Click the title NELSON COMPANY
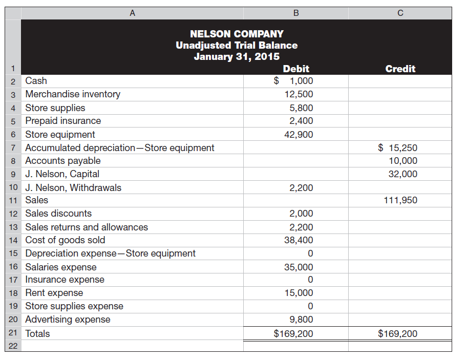[236, 34]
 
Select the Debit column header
[295, 69]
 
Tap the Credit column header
[400, 69]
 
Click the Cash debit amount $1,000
[294, 81]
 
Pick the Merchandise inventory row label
[73, 94]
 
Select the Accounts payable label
[63, 161]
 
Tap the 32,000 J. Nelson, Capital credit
[403, 174]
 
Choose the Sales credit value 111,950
[400, 200]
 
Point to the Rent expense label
[54, 293]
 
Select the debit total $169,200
[294, 334]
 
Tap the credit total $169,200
[397, 334]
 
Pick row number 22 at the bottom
[14, 346]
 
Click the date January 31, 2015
[236, 56]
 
